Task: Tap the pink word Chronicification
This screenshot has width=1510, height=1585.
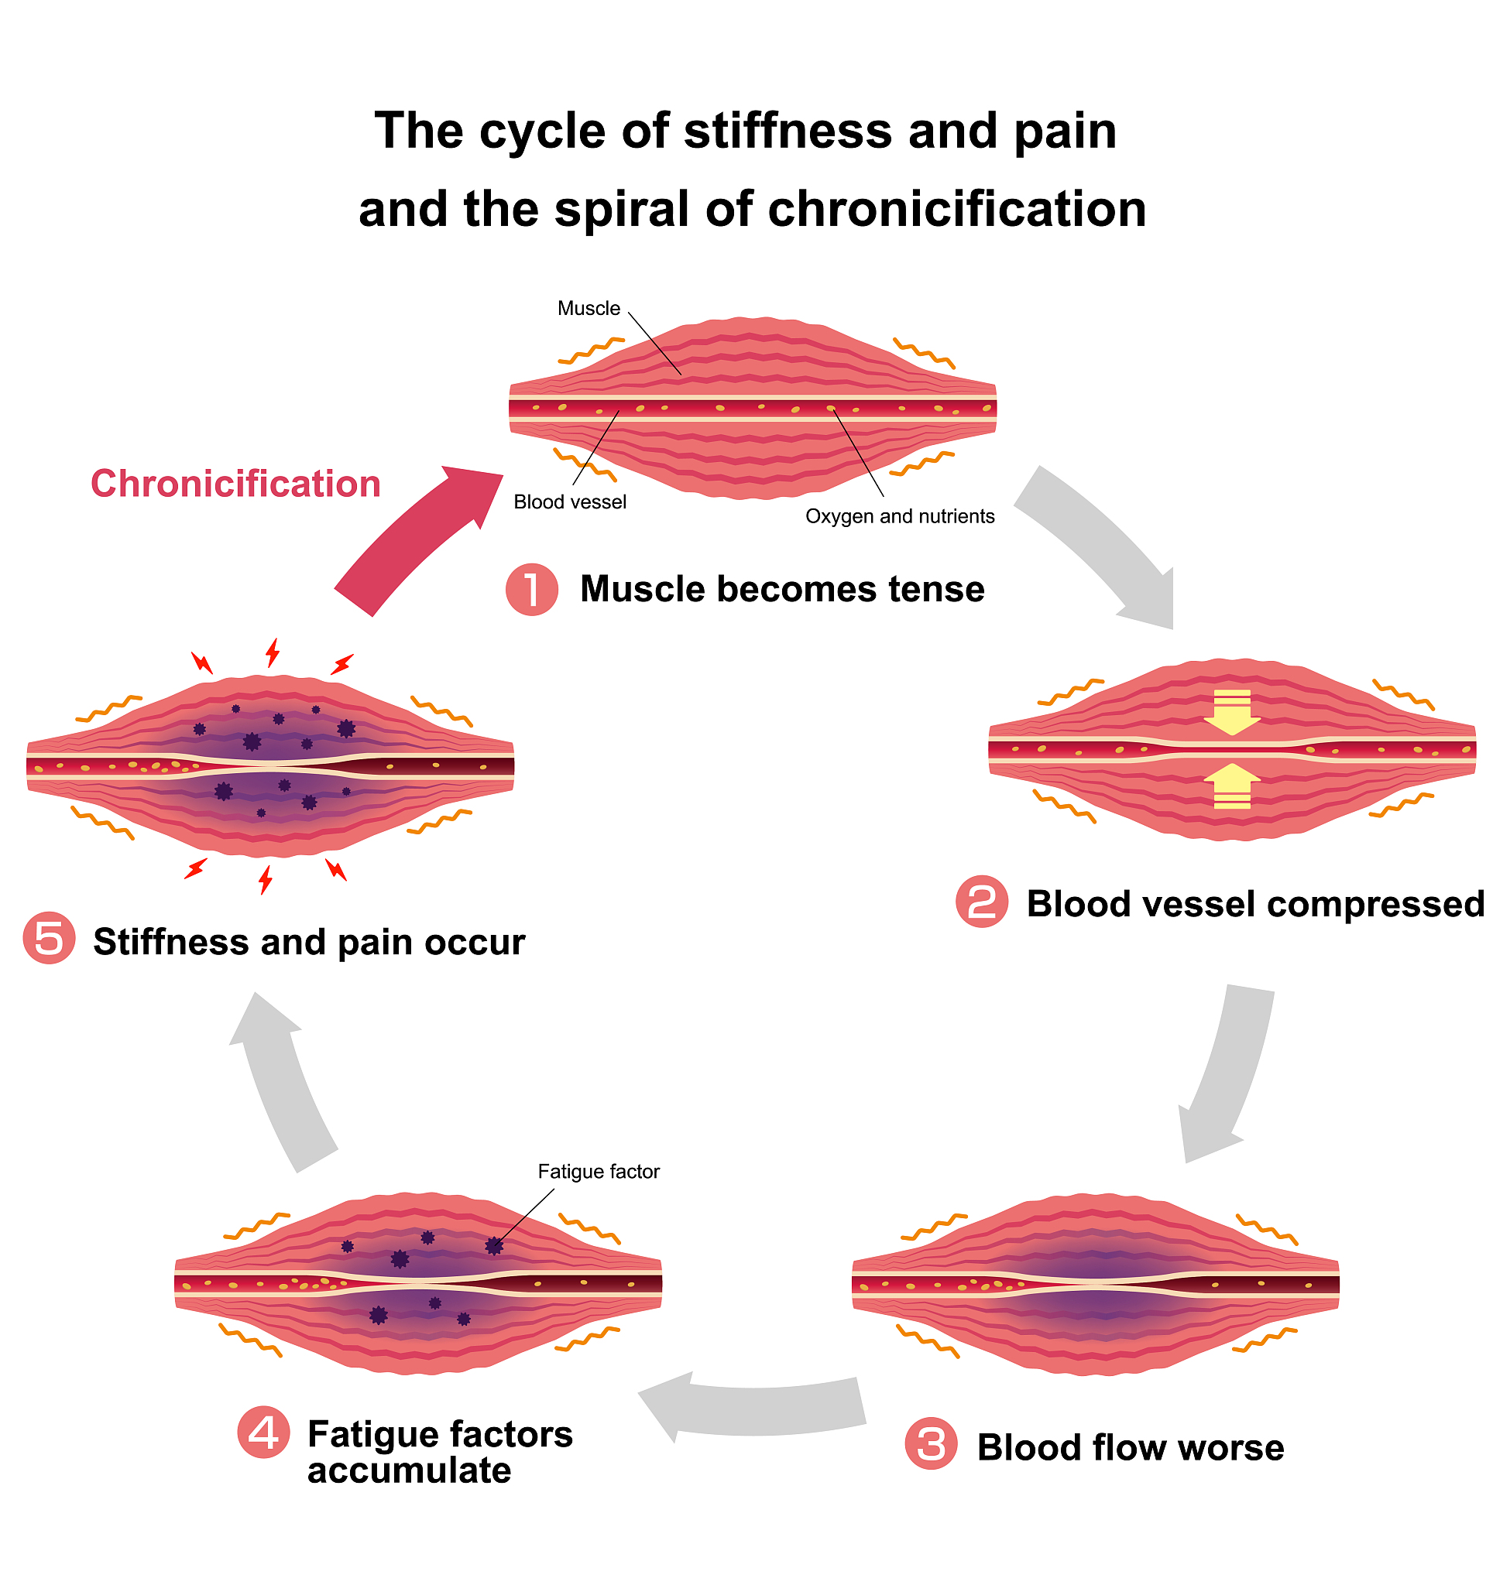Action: [x=236, y=484]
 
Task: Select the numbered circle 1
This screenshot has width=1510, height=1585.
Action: [x=532, y=590]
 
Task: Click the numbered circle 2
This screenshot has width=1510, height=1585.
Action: [x=982, y=902]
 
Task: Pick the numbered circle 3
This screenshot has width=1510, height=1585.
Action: [x=932, y=1445]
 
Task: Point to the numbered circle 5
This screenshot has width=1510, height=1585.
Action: [x=49, y=939]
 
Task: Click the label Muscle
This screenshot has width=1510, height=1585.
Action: [x=589, y=309]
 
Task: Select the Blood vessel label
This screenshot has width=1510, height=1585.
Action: [x=570, y=503]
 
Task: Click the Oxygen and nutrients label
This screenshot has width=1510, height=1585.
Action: [x=900, y=516]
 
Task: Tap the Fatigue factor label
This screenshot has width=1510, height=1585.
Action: [x=599, y=1172]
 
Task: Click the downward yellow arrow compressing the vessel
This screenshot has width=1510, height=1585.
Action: [x=1231, y=712]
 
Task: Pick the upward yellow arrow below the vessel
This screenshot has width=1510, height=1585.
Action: [x=1231, y=786]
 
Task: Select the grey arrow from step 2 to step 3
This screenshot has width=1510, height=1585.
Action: [x=1227, y=1074]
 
